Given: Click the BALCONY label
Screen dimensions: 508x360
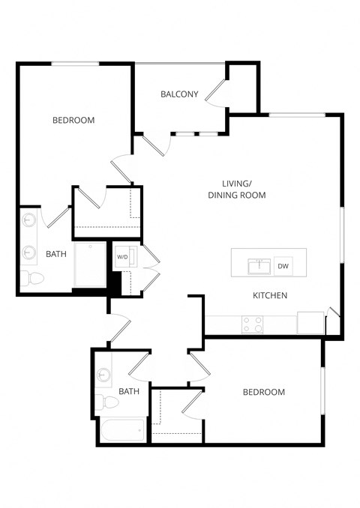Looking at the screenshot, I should pos(179,94).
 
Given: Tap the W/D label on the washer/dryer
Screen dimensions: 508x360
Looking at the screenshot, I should pos(121,257).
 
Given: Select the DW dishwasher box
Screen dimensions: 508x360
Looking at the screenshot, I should pos(283,266).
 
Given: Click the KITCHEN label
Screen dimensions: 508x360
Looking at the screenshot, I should pos(270,296).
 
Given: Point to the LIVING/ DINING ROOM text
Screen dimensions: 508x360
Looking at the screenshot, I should pos(237,190).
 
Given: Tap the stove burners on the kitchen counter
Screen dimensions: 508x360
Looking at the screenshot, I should pos(253,324).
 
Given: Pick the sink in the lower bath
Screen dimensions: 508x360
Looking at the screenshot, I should pos(103,373).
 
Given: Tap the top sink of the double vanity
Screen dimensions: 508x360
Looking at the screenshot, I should pos(28,220).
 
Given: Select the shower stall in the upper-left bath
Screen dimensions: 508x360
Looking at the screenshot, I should pos(90,264).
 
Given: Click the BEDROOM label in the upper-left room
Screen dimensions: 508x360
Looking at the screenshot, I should pos(73,120).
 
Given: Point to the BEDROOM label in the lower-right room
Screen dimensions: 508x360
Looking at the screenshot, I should pos(264,393).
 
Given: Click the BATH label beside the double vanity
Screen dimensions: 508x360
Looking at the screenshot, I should pos(56,254).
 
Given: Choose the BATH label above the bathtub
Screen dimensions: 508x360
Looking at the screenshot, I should pos(129,391).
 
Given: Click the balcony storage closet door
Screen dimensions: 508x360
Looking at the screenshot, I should pos(217,94).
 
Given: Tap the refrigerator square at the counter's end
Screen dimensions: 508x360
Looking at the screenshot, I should pos(310,322).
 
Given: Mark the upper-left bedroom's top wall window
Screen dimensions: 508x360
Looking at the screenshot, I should pos(75,64).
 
